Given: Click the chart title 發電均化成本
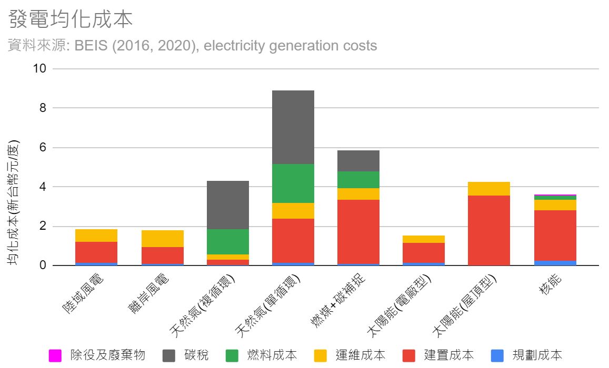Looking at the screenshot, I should click(71, 19).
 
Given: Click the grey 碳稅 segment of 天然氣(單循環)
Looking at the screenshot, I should click(293, 127).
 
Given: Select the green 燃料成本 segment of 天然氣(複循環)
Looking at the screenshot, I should click(228, 242).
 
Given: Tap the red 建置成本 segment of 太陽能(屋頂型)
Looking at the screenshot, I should click(489, 230).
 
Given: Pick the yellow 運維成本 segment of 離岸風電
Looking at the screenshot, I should click(163, 239).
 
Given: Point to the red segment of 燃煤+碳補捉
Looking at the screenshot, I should click(358, 231).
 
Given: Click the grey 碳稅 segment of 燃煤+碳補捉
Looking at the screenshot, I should click(358, 161).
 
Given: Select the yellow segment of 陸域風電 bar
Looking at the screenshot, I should click(96, 236).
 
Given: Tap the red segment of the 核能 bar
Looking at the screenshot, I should click(555, 236).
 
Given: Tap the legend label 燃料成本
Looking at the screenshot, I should click(272, 355).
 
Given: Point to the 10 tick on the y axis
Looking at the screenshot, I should click(39, 69).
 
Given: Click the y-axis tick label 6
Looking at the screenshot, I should click(43, 148).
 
